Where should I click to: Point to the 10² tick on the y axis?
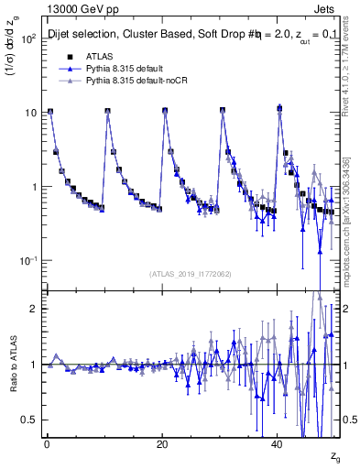click(x=29, y=38)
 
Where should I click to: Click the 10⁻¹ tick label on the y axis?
click(x=28, y=261)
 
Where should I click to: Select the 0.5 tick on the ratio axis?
click(x=30, y=420)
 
